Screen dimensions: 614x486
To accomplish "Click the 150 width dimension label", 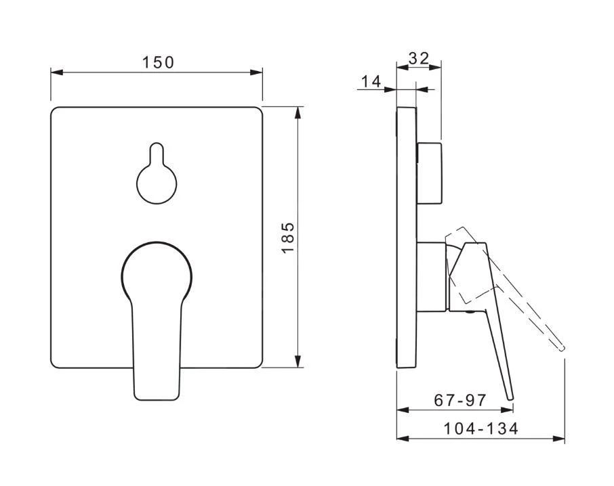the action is click(x=158, y=62).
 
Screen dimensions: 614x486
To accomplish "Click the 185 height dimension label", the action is click(x=288, y=238).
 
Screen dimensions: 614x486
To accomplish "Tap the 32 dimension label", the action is click(x=419, y=58).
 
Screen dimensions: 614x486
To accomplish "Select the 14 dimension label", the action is click(x=371, y=82).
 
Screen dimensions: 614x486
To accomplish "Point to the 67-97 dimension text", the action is click(x=460, y=400).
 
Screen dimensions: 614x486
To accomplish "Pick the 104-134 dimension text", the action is click(x=480, y=428).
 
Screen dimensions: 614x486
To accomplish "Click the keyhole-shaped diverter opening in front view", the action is click(x=157, y=173).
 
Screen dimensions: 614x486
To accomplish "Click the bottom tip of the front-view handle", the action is click(x=157, y=399).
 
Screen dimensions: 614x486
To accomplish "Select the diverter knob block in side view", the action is click(x=429, y=173).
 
